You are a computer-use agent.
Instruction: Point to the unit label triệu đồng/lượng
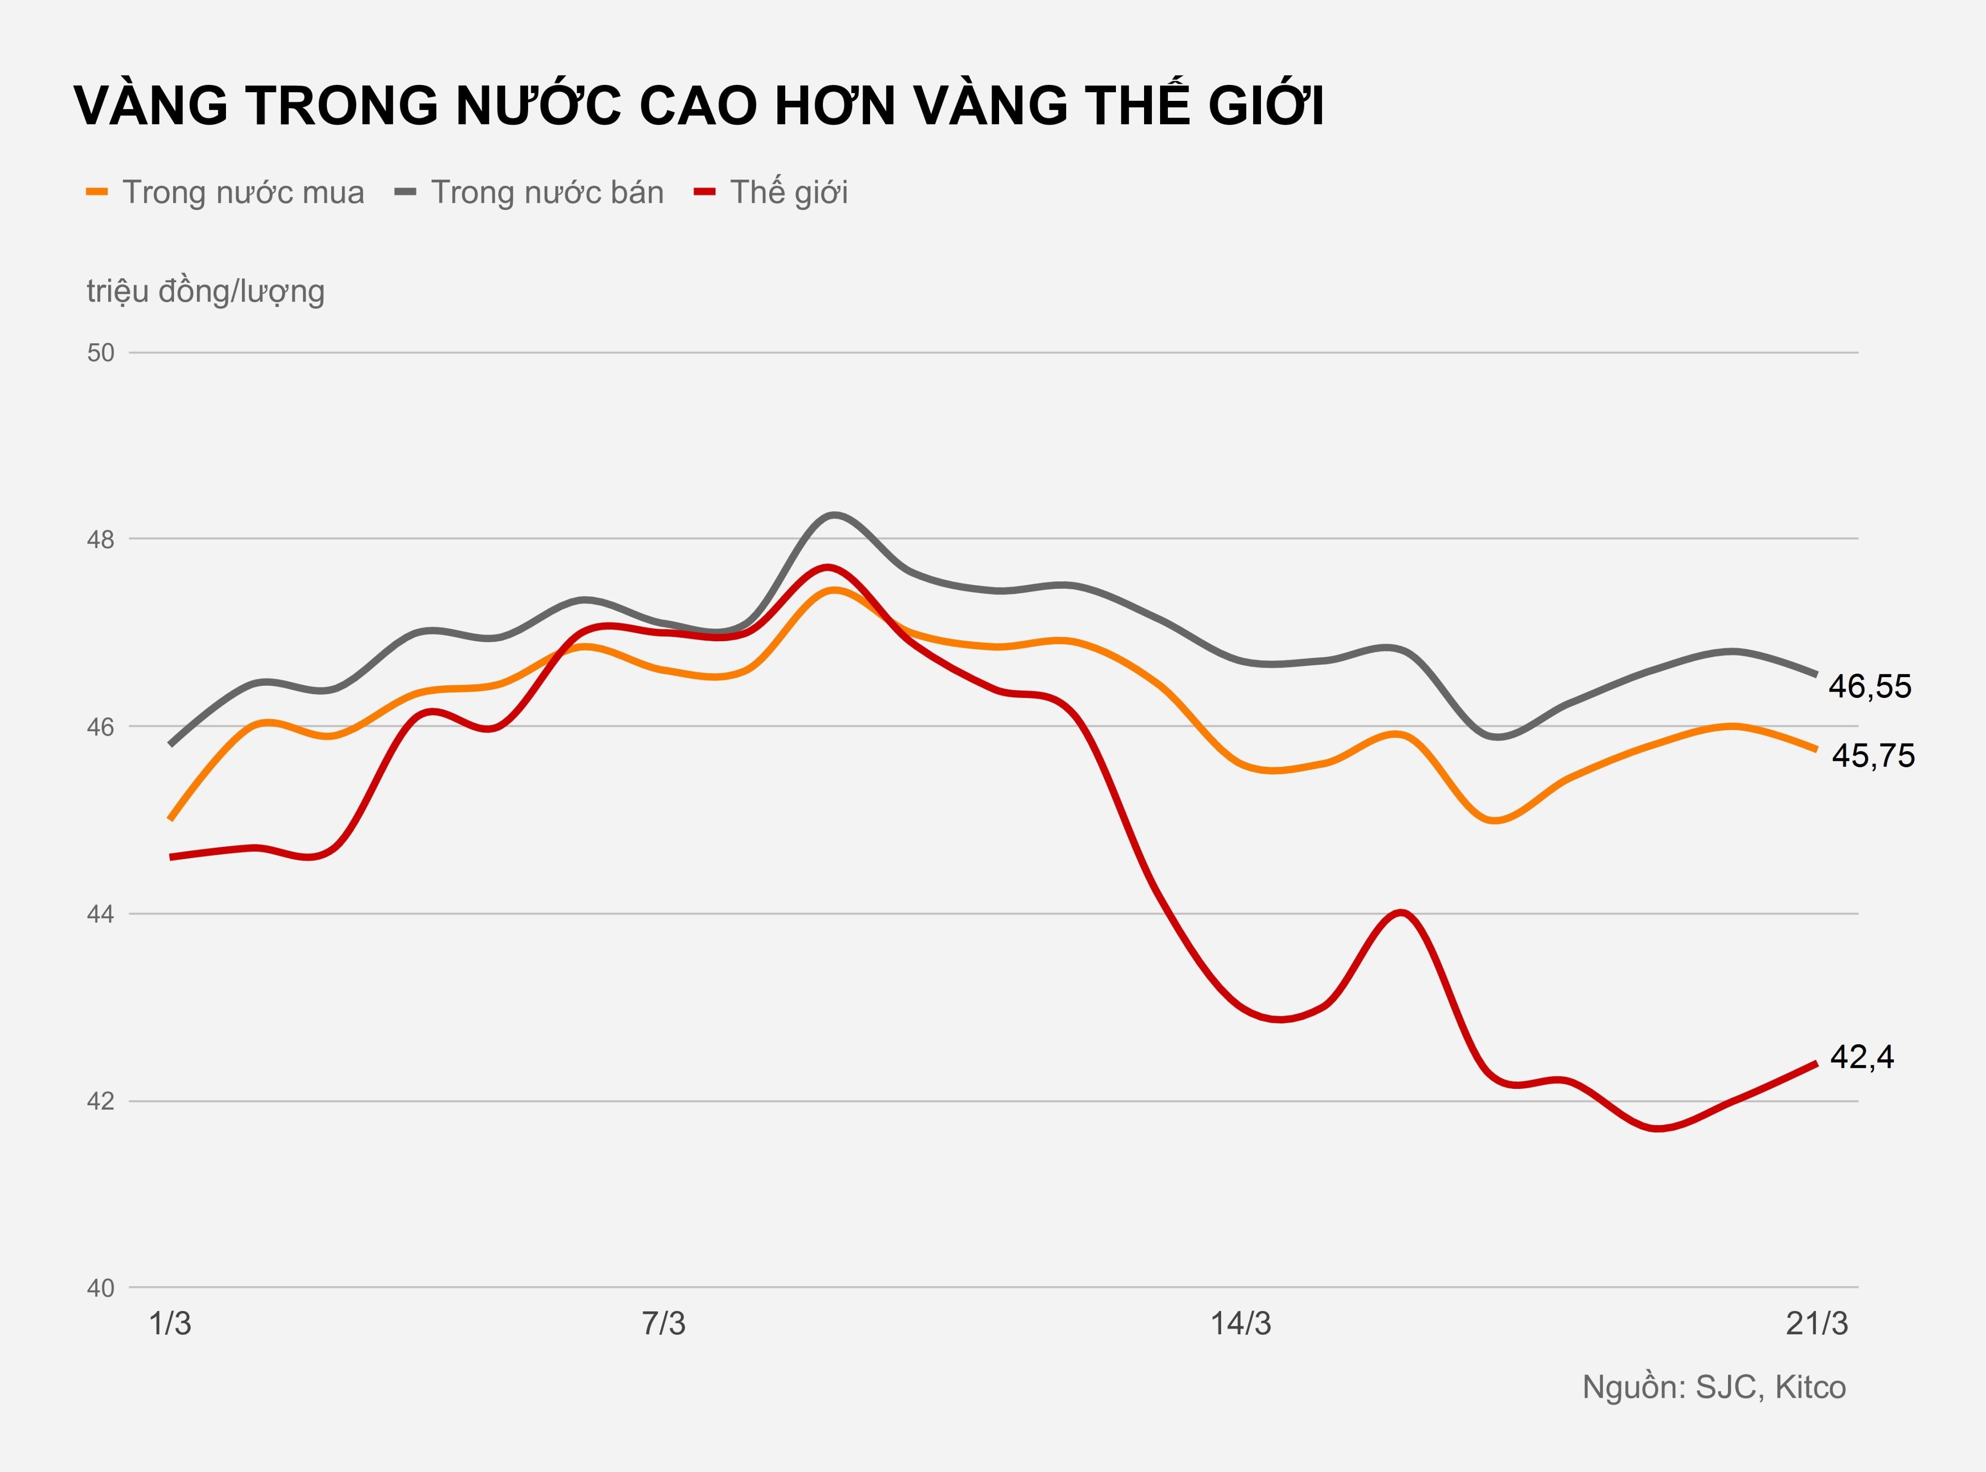click(205, 291)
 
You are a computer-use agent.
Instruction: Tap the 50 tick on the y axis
click(101, 353)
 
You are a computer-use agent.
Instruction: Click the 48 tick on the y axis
click(101, 540)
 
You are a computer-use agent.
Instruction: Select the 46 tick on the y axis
click(101, 727)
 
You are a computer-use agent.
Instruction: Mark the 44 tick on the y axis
click(101, 914)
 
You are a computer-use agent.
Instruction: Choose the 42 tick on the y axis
click(101, 1101)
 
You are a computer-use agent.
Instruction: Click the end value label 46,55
click(1869, 687)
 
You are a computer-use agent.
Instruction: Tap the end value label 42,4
click(1861, 1057)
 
